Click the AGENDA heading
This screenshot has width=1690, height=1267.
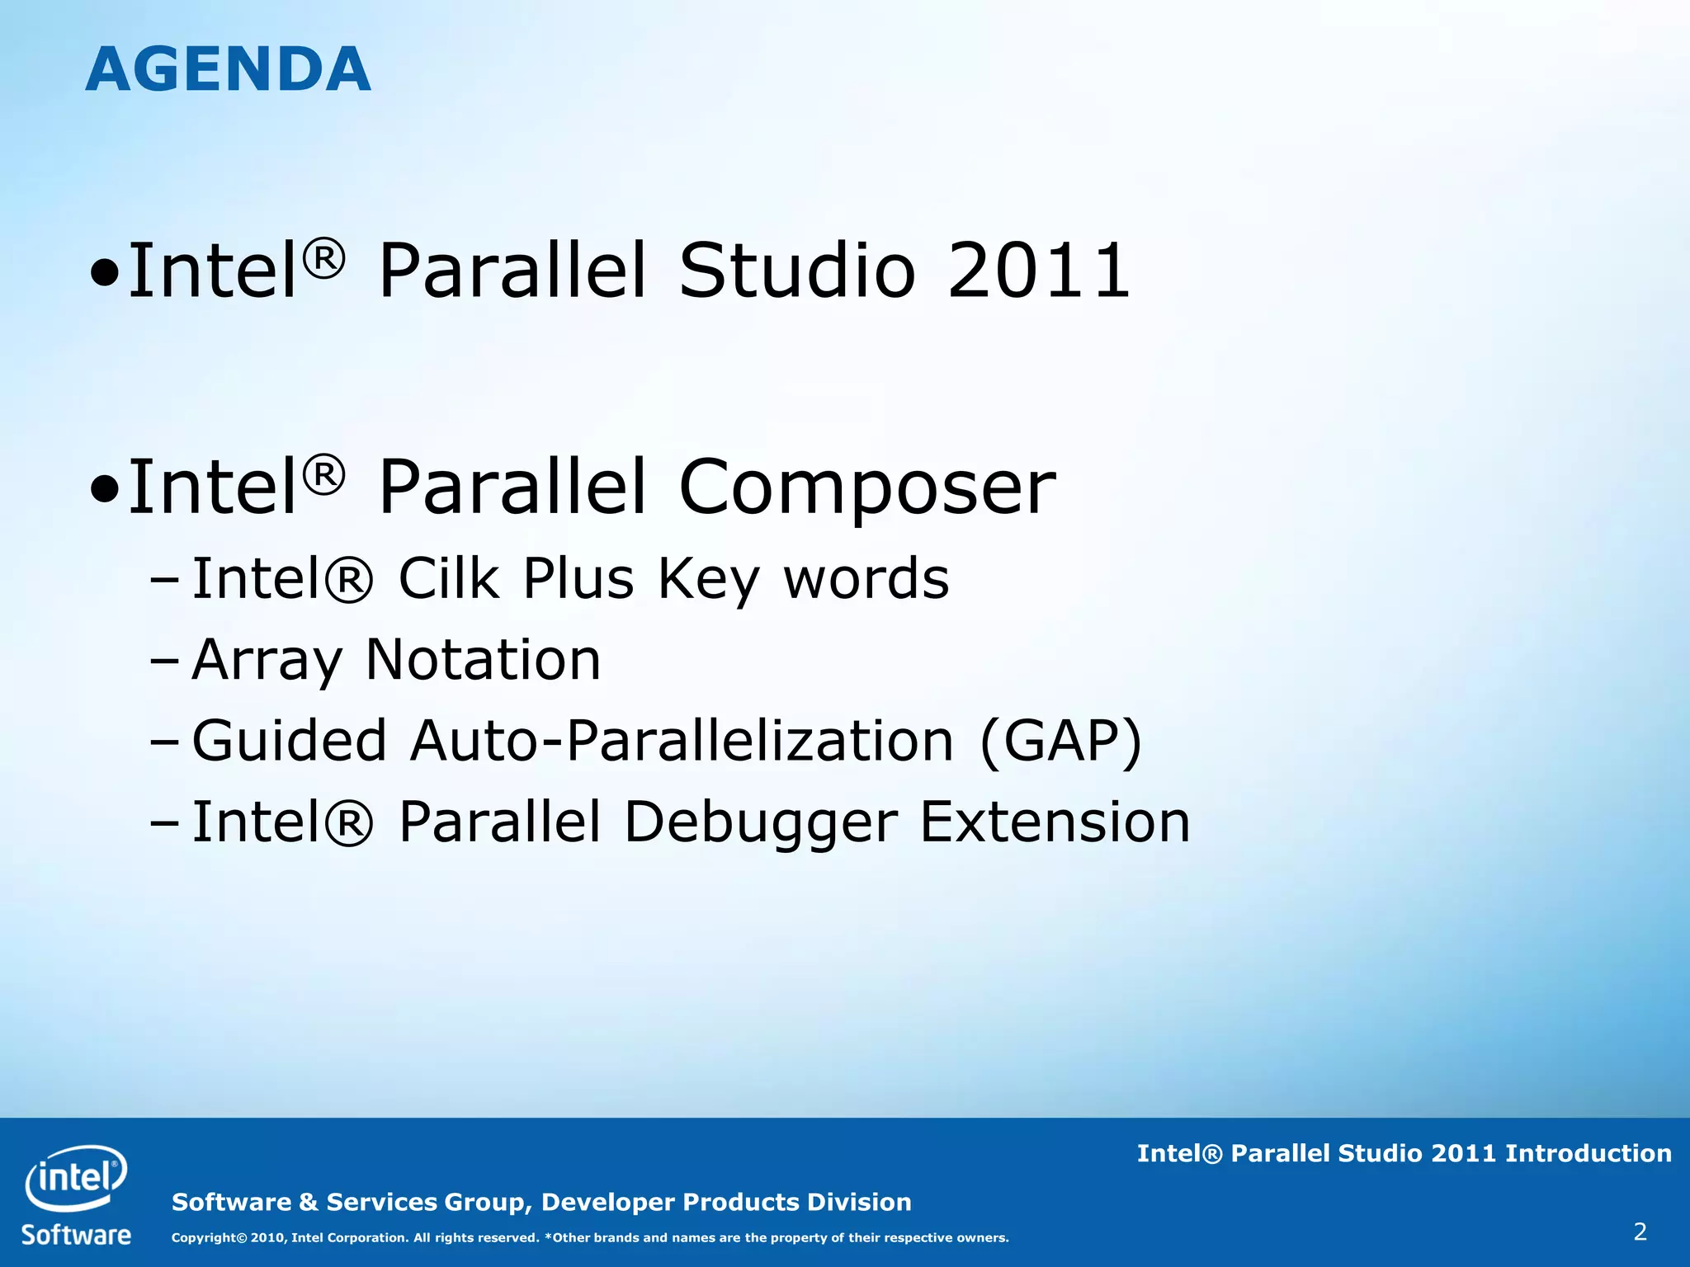(x=228, y=69)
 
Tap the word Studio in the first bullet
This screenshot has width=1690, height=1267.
(x=796, y=271)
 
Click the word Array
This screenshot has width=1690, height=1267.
(x=267, y=661)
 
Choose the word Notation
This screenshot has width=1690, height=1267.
(x=483, y=659)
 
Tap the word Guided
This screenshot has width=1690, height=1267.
(x=289, y=740)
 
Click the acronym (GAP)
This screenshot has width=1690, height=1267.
(x=1061, y=740)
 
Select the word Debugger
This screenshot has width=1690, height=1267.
(x=760, y=822)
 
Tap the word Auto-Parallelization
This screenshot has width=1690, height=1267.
(x=682, y=740)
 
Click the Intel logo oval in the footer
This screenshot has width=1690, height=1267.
(x=75, y=1178)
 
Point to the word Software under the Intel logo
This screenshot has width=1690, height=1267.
(x=76, y=1235)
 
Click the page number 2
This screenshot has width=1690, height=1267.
(x=1640, y=1232)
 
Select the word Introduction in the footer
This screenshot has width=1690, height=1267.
(x=1588, y=1153)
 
